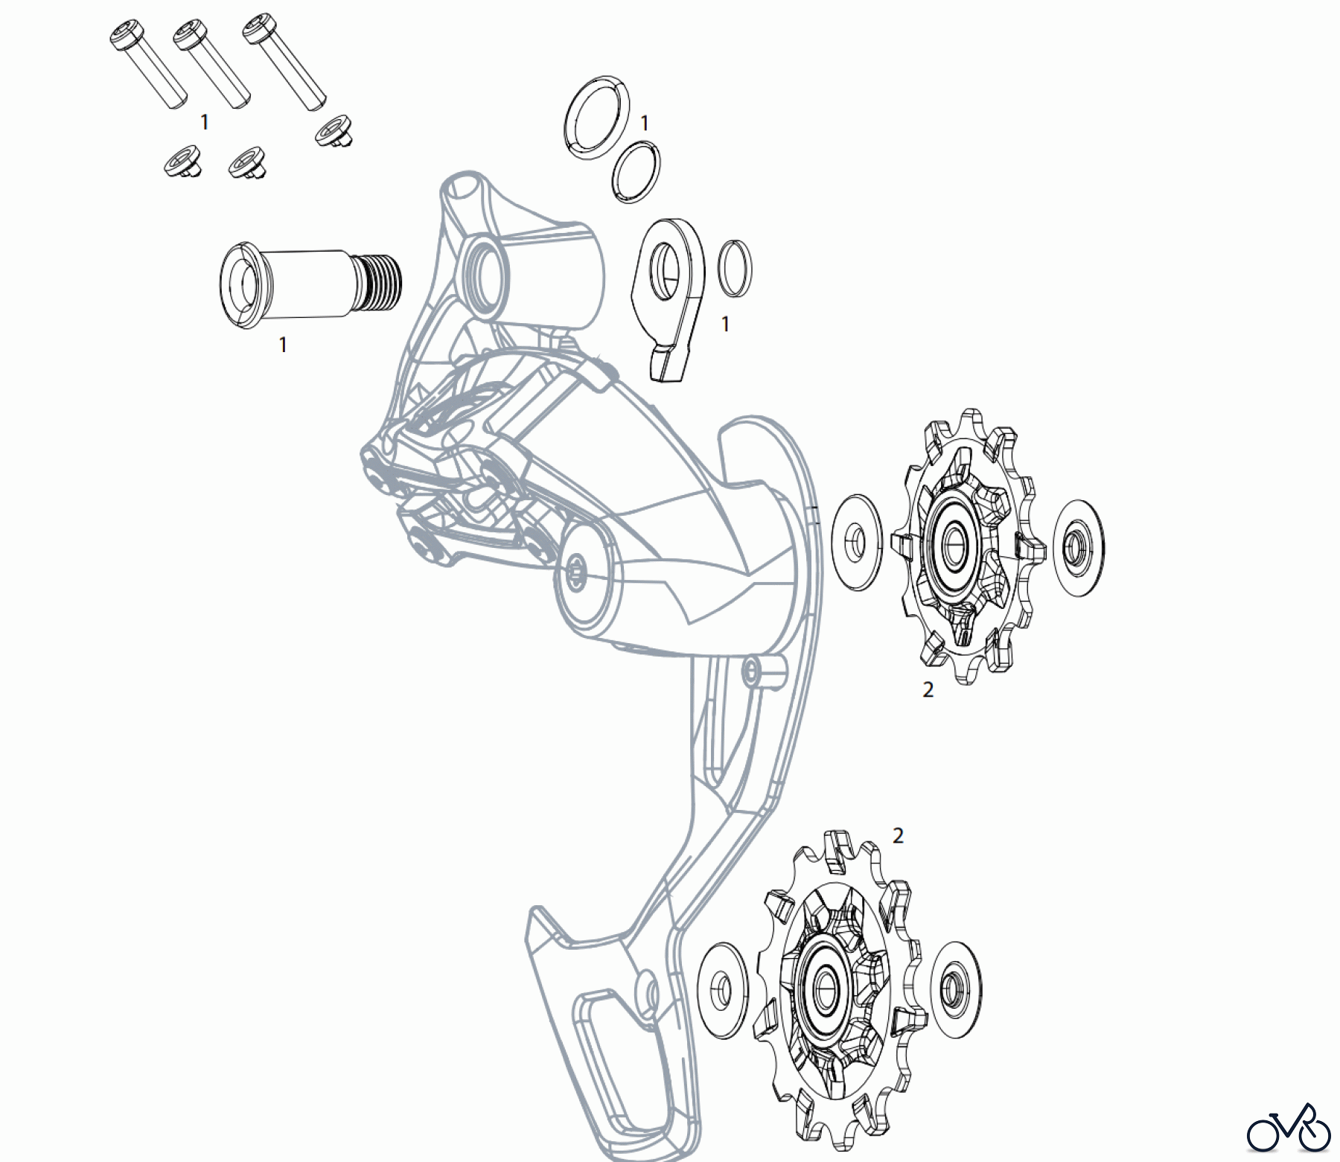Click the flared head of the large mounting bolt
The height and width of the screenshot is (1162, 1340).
[240, 284]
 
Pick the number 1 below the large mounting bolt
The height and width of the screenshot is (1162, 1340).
[283, 345]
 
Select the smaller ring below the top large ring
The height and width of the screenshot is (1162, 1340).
[636, 172]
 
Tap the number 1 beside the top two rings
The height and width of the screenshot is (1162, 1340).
[645, 123]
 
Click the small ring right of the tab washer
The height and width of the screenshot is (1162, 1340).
[735, 269]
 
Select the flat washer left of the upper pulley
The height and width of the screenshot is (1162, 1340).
[856, 543]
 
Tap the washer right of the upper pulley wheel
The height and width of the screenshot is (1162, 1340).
[1079, 547]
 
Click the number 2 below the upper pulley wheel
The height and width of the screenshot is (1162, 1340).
[928, 690]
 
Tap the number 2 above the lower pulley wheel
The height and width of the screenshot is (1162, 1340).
[898, 836]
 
